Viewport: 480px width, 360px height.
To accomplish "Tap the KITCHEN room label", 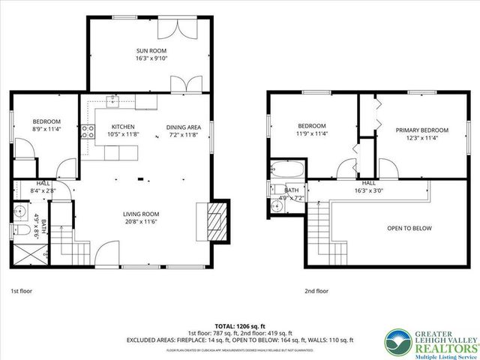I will pyautogui.click(x=123, y=127).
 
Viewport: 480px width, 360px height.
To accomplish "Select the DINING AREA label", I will pyautogui.click(x=184, y=127).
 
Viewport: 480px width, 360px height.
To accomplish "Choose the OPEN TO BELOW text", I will pyautogui.click(x=409, y=228).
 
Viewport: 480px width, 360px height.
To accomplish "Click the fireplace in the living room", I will pyautogui.click(x=215, y=220).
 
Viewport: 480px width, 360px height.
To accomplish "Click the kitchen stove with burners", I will pyautogui.click(x=88, y=133).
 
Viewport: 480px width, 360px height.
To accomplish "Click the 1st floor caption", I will pyautogui.click(x=21, y=290).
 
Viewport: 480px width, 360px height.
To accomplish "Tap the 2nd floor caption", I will pyautogui.click(x=316, y=290).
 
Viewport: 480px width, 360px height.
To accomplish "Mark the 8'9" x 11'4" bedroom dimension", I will pyautogui.click(x=46, y=130).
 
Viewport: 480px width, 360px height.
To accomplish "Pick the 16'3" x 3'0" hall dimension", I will pyautogui.click(x=369, y=190).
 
